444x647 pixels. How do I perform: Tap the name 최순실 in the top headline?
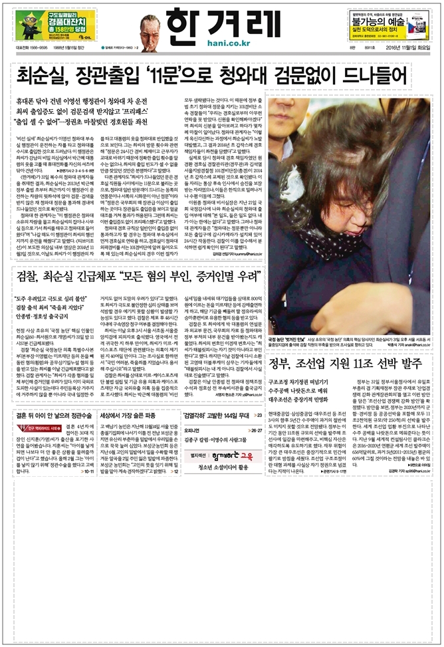[47, 74]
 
